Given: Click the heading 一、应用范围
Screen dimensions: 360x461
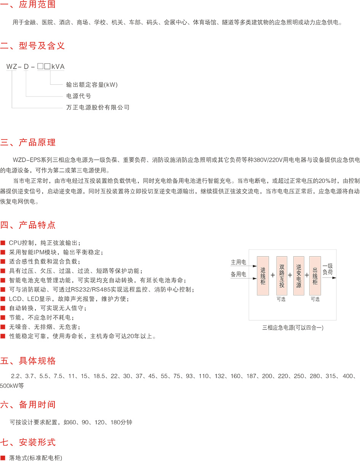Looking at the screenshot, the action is pos(28,4).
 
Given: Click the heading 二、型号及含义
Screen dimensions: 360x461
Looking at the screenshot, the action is pos(32,46).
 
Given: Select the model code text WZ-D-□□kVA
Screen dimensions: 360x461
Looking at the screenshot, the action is pos(35,66).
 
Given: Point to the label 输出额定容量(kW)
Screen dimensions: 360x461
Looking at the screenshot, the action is pos(92,85).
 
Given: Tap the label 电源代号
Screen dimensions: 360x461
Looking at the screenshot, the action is pos(78,96).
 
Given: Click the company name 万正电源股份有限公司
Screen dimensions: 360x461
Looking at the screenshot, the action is pos(98,108).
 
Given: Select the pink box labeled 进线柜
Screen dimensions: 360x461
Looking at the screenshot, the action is pos(263,276).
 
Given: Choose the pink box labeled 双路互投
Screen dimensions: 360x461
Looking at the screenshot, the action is pos(282,276).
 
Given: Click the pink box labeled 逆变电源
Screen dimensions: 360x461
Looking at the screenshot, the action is pos(299,276).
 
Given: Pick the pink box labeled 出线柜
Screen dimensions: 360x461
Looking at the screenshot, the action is pos(315,276).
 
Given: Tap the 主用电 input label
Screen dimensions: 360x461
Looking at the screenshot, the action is pos(238,262).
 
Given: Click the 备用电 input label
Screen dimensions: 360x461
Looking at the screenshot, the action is pos(238,274).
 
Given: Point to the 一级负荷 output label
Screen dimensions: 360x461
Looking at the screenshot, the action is pos(328,269).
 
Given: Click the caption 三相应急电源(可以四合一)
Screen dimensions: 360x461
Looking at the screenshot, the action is pos(293,328).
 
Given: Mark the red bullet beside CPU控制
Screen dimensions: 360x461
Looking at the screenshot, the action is pos(3,243).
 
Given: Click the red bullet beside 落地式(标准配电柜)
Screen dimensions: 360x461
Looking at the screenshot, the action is pos(3,458).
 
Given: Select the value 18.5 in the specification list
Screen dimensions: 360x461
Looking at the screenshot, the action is pos(99,376).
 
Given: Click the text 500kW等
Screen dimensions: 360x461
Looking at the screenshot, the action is pos(12,386).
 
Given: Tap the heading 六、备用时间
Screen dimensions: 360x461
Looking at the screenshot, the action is pos(28,405).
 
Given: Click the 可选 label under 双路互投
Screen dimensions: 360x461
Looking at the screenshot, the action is pos(281,299).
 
